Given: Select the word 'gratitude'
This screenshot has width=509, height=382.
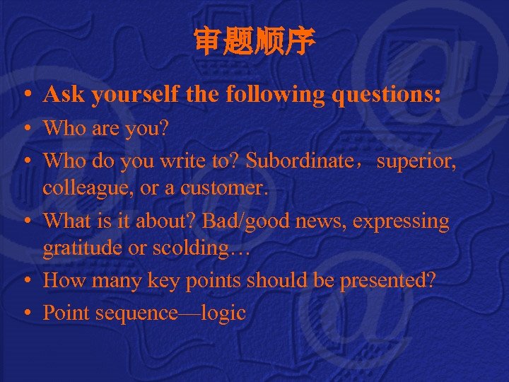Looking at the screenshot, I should (74, 248).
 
